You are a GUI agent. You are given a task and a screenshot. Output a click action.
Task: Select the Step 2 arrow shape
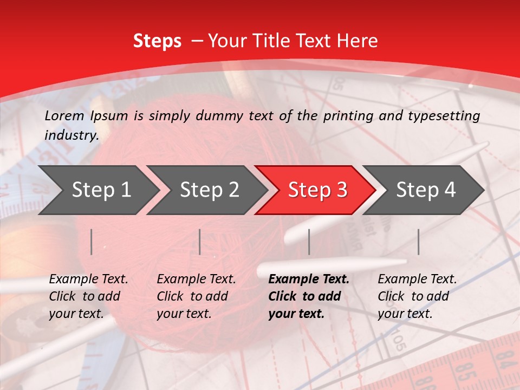(206, 190)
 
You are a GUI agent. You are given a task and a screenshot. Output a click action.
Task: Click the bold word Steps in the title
(157, 41)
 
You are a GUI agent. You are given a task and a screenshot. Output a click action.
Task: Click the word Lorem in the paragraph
(64, 115)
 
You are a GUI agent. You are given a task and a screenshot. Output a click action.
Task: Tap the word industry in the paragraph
(71, 135)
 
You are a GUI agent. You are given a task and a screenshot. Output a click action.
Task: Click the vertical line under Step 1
(92, 242)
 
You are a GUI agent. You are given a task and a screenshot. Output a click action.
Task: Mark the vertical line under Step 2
(200, 242)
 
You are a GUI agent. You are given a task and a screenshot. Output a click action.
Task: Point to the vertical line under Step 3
(309, 242)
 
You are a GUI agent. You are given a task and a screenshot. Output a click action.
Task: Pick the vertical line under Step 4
(418, 242)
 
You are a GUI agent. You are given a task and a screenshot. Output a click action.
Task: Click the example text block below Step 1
(88, 296)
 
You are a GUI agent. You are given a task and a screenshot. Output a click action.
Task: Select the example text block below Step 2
(196, 296)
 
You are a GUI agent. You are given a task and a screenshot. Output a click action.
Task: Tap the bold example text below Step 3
(309, 296)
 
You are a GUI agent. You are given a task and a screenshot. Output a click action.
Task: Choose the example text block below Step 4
(417, 296)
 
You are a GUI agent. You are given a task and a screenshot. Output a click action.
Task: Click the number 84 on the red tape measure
(505, 358)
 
